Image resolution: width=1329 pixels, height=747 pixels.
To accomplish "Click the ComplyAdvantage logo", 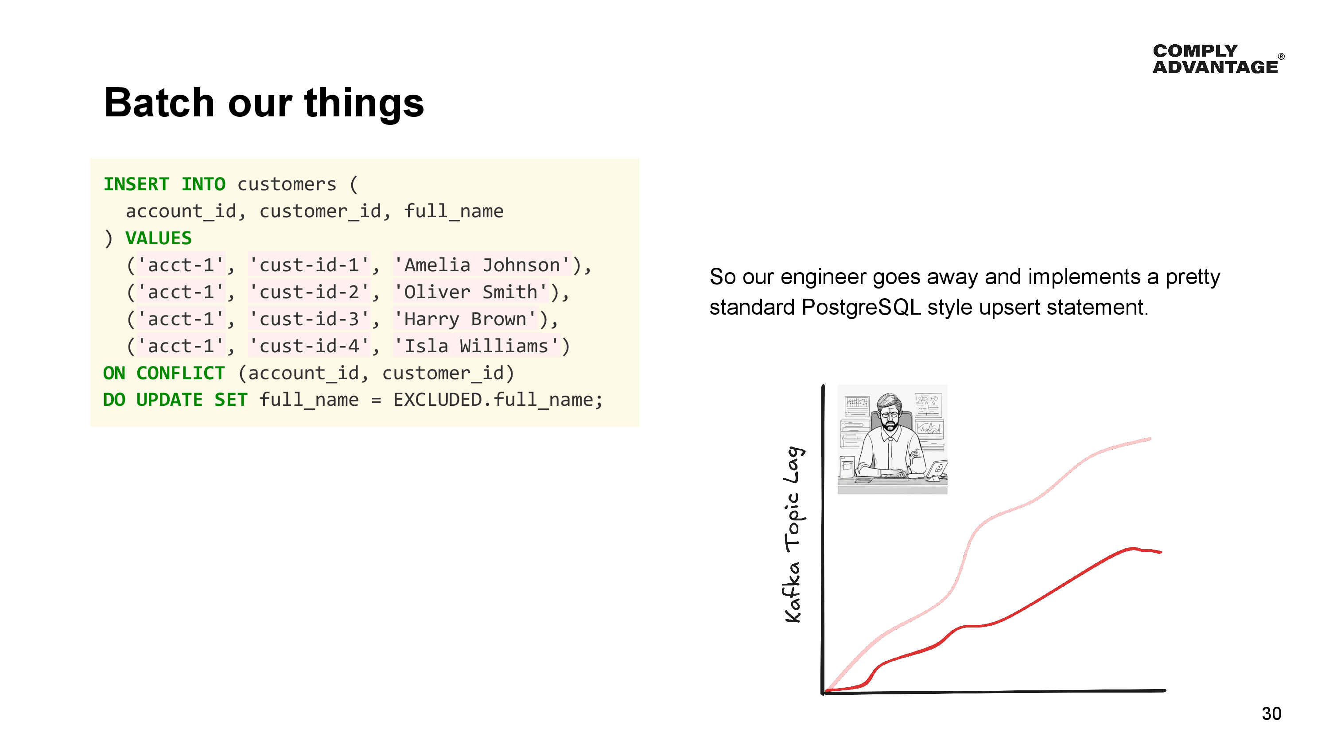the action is [x=1218, y=59].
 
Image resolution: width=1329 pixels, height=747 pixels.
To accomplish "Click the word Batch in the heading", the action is [x=159, y=103].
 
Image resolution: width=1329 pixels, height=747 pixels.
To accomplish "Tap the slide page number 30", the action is [x=1271, y=713].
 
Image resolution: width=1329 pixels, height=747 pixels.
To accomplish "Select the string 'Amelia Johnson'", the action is [x=482, y=265].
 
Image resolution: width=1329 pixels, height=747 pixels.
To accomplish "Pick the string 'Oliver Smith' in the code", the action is [x=471, y=292].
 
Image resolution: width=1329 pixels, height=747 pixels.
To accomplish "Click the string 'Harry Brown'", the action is [x=465, y=319].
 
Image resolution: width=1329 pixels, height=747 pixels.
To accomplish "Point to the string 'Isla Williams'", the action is [x=477, y=346].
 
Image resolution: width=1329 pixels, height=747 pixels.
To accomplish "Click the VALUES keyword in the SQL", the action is [x=159, y=238].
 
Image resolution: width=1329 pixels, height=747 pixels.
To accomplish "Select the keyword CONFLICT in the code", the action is [x=181, y=373].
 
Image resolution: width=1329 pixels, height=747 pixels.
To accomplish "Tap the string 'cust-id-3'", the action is [x=309, y=319].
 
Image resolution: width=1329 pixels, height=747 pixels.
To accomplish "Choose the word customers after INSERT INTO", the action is [x=286, y=184].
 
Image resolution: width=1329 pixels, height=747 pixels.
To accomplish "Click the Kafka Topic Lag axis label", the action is [x=793, y=534].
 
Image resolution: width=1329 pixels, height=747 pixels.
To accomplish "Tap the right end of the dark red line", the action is [x=1161, y=552].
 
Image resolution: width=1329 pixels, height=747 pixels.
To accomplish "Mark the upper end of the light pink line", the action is [x=1150, y=439].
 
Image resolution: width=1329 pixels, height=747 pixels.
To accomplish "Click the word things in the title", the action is [x=364, y=103].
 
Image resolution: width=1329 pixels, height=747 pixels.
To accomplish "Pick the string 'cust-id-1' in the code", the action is [x=309, y=265].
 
